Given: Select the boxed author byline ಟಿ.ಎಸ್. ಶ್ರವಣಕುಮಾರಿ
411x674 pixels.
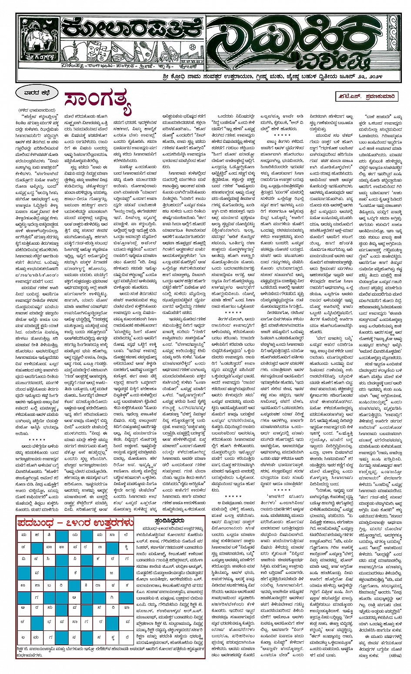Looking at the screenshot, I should click(x=369, y=96).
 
